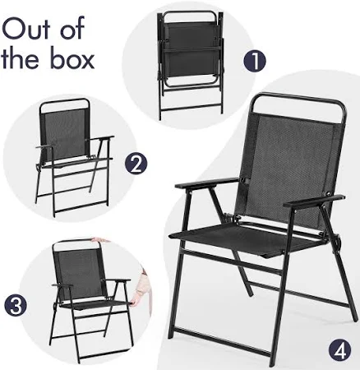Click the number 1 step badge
click(x=255, y=61)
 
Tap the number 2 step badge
click(x=136, y=164)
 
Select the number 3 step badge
click(x=16, y=306)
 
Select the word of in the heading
click(x=72, y=27)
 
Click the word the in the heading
click(x=24, y=58)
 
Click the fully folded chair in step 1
click(x=191, y=65)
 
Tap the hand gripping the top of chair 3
click(x=100, y=241)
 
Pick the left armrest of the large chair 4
click(x=207, y=183)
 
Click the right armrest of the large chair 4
click(x=314, y=201)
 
